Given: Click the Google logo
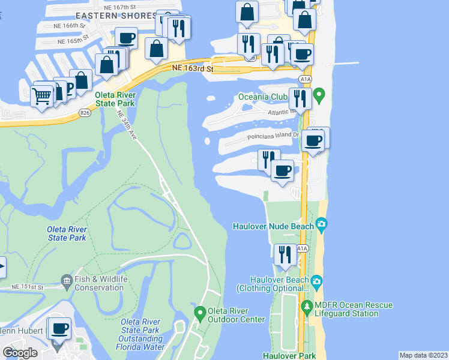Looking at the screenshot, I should (20, 353).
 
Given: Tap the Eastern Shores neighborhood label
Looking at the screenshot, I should (116, 16).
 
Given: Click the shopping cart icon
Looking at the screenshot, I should (41, 95).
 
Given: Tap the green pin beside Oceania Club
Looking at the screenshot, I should (320, 94).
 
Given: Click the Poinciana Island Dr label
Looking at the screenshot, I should (273, 136).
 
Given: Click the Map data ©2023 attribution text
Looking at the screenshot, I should (423, 355).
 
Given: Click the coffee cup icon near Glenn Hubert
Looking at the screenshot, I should (59, 329).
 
